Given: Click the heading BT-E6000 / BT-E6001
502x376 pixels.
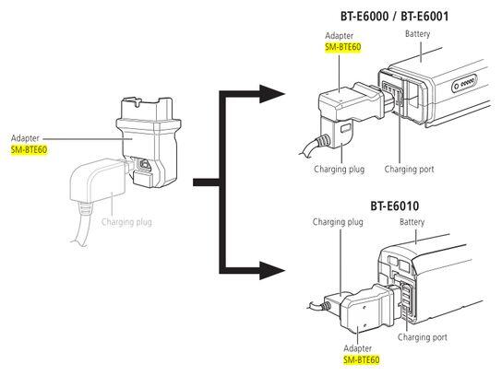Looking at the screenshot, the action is [394, 16].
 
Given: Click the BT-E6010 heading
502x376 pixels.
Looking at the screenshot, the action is [394, 206].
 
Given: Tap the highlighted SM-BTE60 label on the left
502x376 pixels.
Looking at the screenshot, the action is [29, 149].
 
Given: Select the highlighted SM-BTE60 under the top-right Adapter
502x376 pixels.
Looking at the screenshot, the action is [343, 47].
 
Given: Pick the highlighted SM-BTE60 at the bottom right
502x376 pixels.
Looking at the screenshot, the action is [362, 359].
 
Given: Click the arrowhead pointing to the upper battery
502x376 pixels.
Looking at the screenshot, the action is [272, 94].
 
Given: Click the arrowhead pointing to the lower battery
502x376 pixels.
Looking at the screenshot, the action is [272, 271].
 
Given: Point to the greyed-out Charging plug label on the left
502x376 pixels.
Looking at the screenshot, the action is [126, 222].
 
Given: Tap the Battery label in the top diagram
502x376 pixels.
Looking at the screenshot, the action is [417, 34].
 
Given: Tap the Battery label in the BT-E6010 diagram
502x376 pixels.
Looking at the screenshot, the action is [412, 222].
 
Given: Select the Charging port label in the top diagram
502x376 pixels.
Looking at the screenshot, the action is [409, 170].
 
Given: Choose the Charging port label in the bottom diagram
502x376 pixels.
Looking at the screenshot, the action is [423, 337].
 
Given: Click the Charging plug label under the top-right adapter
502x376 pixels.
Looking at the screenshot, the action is [339, 170].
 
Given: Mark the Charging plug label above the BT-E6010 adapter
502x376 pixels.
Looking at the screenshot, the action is [338, 222].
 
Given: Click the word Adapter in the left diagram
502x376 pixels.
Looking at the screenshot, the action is [25, 138].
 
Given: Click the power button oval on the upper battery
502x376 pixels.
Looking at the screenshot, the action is [465, 84].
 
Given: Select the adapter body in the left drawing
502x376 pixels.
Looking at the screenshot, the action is [149, 141].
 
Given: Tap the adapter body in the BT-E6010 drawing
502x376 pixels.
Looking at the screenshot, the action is [368, 311].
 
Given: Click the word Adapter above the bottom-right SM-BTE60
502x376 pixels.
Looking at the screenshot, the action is [358, 348].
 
